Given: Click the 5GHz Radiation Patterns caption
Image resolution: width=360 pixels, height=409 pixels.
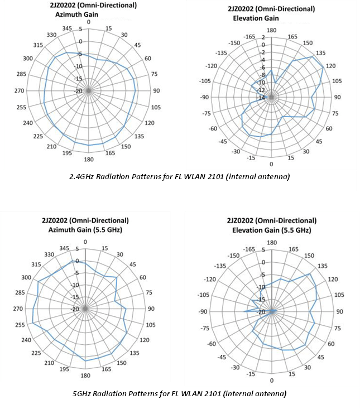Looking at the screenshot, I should coord(180,393).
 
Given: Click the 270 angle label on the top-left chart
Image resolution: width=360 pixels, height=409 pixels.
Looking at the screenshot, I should coord(20,91).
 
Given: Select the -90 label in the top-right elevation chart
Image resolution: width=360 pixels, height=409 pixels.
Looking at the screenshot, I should coord(205,97).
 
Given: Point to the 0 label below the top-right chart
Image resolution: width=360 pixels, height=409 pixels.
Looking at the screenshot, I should coord(271,164).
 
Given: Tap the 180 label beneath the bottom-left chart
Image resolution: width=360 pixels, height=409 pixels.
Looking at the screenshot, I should coord(85,376).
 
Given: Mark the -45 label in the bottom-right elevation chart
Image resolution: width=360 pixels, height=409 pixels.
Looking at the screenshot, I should coord(223,357).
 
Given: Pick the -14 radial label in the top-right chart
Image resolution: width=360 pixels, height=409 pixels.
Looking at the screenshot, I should coord(261,98).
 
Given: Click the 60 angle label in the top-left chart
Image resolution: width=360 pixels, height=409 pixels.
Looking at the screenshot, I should coord(148,58).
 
